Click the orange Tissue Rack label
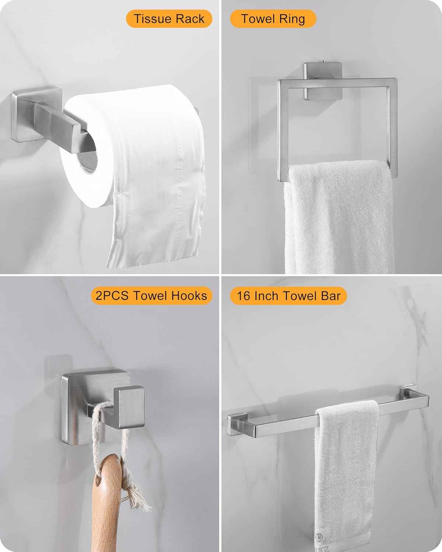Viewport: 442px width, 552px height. point(169,19)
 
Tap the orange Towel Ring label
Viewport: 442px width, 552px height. point(273,19)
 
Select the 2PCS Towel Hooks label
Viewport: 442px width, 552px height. point(151,296)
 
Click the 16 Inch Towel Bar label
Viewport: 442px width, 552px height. point(288,296)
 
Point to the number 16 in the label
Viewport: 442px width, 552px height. point(243,296)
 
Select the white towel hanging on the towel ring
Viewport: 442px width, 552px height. point(338,218)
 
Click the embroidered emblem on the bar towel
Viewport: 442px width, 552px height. point(320,544)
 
